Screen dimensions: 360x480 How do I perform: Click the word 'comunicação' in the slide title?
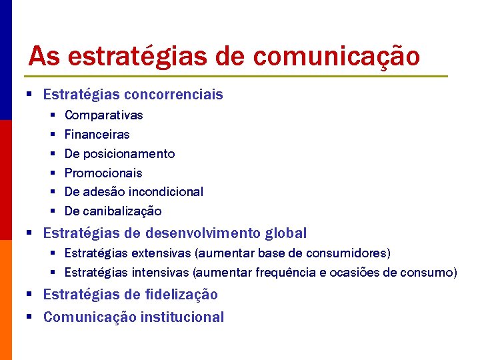[337, 57]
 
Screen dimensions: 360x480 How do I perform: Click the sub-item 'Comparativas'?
[103, 115]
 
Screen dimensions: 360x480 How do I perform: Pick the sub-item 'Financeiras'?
[97, 135]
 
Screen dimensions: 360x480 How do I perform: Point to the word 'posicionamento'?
[129, 154]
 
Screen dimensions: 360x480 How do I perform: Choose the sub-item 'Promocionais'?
[103, 173]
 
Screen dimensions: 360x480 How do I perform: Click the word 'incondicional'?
[166, 192]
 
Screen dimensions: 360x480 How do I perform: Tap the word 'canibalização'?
[122, 211]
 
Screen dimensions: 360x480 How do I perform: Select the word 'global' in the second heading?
[286, 233]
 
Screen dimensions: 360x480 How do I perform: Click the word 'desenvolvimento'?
[204, 233]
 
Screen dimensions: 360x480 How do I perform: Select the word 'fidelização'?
[180, 295]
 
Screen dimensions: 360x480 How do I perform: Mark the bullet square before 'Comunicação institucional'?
[31, 317]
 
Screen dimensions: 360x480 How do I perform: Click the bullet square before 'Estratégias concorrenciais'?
[31, 95]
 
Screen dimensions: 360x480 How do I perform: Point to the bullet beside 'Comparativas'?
[53, 115]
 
